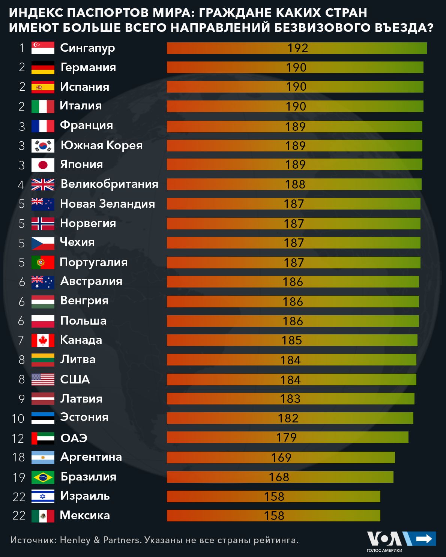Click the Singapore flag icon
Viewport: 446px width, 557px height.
tap(43, 48)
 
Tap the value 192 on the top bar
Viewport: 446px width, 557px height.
tap(297, 48)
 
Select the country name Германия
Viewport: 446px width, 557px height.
tap(88, 67)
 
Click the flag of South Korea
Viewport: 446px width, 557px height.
tap(43, 145)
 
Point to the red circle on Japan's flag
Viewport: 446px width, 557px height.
tap(43, 165)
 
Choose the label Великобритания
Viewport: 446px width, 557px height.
tap(109, 184)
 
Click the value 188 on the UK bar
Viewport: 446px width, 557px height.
tap(295, 184)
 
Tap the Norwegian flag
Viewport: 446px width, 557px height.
tap(43, 223)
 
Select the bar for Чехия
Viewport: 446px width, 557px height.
tap(293, 243)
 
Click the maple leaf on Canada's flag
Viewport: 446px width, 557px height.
tap(43, 340)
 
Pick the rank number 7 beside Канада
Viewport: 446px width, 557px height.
tap(21, 340)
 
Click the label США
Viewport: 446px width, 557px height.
tap(75, 379)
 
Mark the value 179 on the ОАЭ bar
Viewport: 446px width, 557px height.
tap(286, 437)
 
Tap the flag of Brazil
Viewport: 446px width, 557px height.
tap(43, 477)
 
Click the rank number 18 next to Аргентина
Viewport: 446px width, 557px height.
tap(18, 457)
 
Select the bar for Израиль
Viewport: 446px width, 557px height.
tap(273, 496)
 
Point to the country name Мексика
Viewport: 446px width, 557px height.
tap(85, 515)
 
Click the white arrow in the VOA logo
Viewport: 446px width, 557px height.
tap(424, 539)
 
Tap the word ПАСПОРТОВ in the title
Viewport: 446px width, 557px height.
tap(109, 13)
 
